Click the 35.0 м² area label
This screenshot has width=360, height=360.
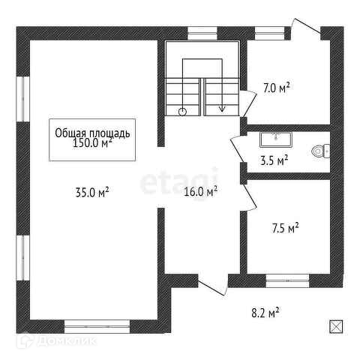pos(92,192)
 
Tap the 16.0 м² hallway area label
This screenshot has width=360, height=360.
pos(200,192)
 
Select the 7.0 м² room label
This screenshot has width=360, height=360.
pos(277,88)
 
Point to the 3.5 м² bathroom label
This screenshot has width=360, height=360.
pos(274,160)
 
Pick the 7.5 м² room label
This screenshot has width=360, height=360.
pos(285,228)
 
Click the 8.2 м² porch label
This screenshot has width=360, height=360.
pos(265,313)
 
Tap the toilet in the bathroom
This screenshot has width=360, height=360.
pos(321,151)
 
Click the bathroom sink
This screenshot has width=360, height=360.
pos(276,139)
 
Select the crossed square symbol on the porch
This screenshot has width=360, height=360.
pos(336,326)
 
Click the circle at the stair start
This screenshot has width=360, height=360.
pos(183,112)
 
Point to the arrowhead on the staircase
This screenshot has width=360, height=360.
pos(222,109)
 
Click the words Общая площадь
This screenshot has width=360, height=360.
pos(92,133)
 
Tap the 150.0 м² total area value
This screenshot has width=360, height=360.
pos(92,143)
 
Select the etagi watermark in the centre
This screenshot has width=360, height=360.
pos(179,181)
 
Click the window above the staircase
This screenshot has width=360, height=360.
pos(202,33)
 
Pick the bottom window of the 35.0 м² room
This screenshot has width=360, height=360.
pos(97,326)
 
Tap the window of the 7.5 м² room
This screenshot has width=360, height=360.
pos(287,280)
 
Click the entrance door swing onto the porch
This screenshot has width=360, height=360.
pos(212,285)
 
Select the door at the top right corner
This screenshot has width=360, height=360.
pos(307,25)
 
